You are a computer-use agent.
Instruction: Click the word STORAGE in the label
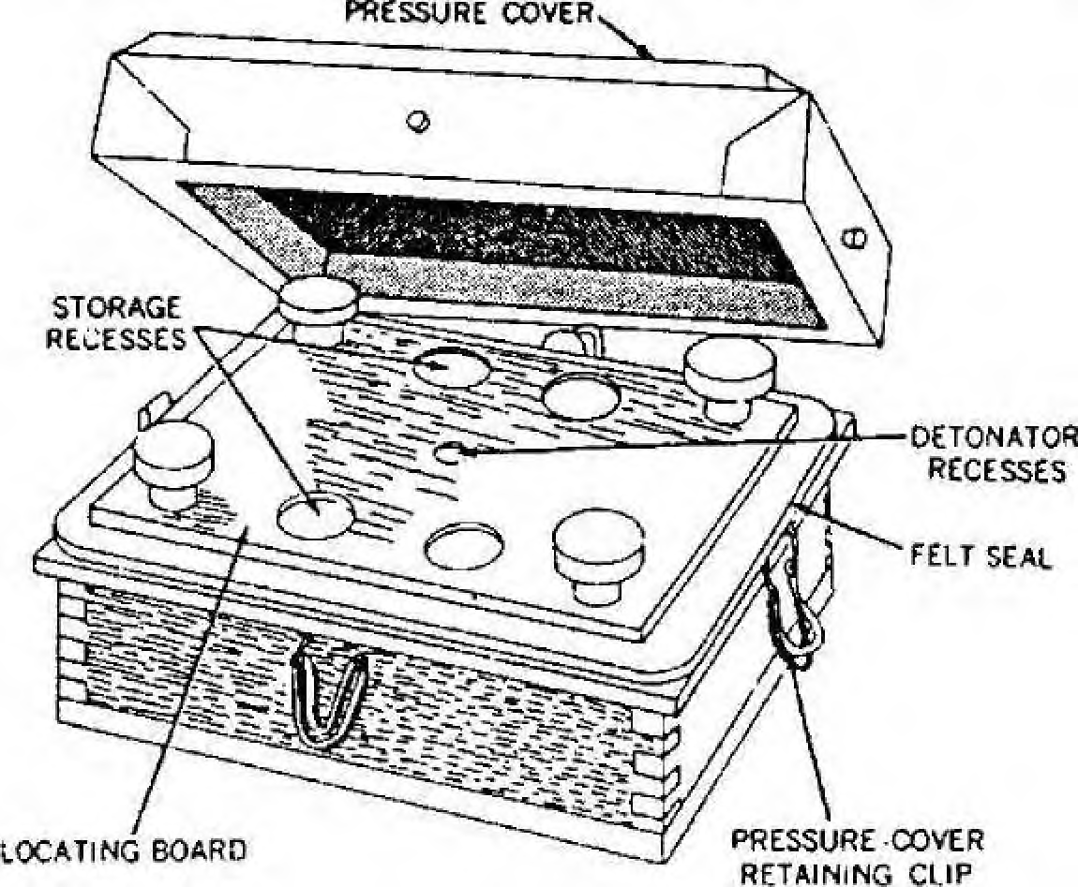pyautogui.click(x=117, y=308)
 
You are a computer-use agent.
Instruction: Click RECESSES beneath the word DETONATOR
pyautogui.click(x=996, y=470)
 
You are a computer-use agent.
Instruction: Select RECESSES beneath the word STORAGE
pyautogui.click(x=115, y=339)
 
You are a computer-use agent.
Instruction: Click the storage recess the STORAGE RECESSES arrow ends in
pyautogui.click(x=316, y=515)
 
